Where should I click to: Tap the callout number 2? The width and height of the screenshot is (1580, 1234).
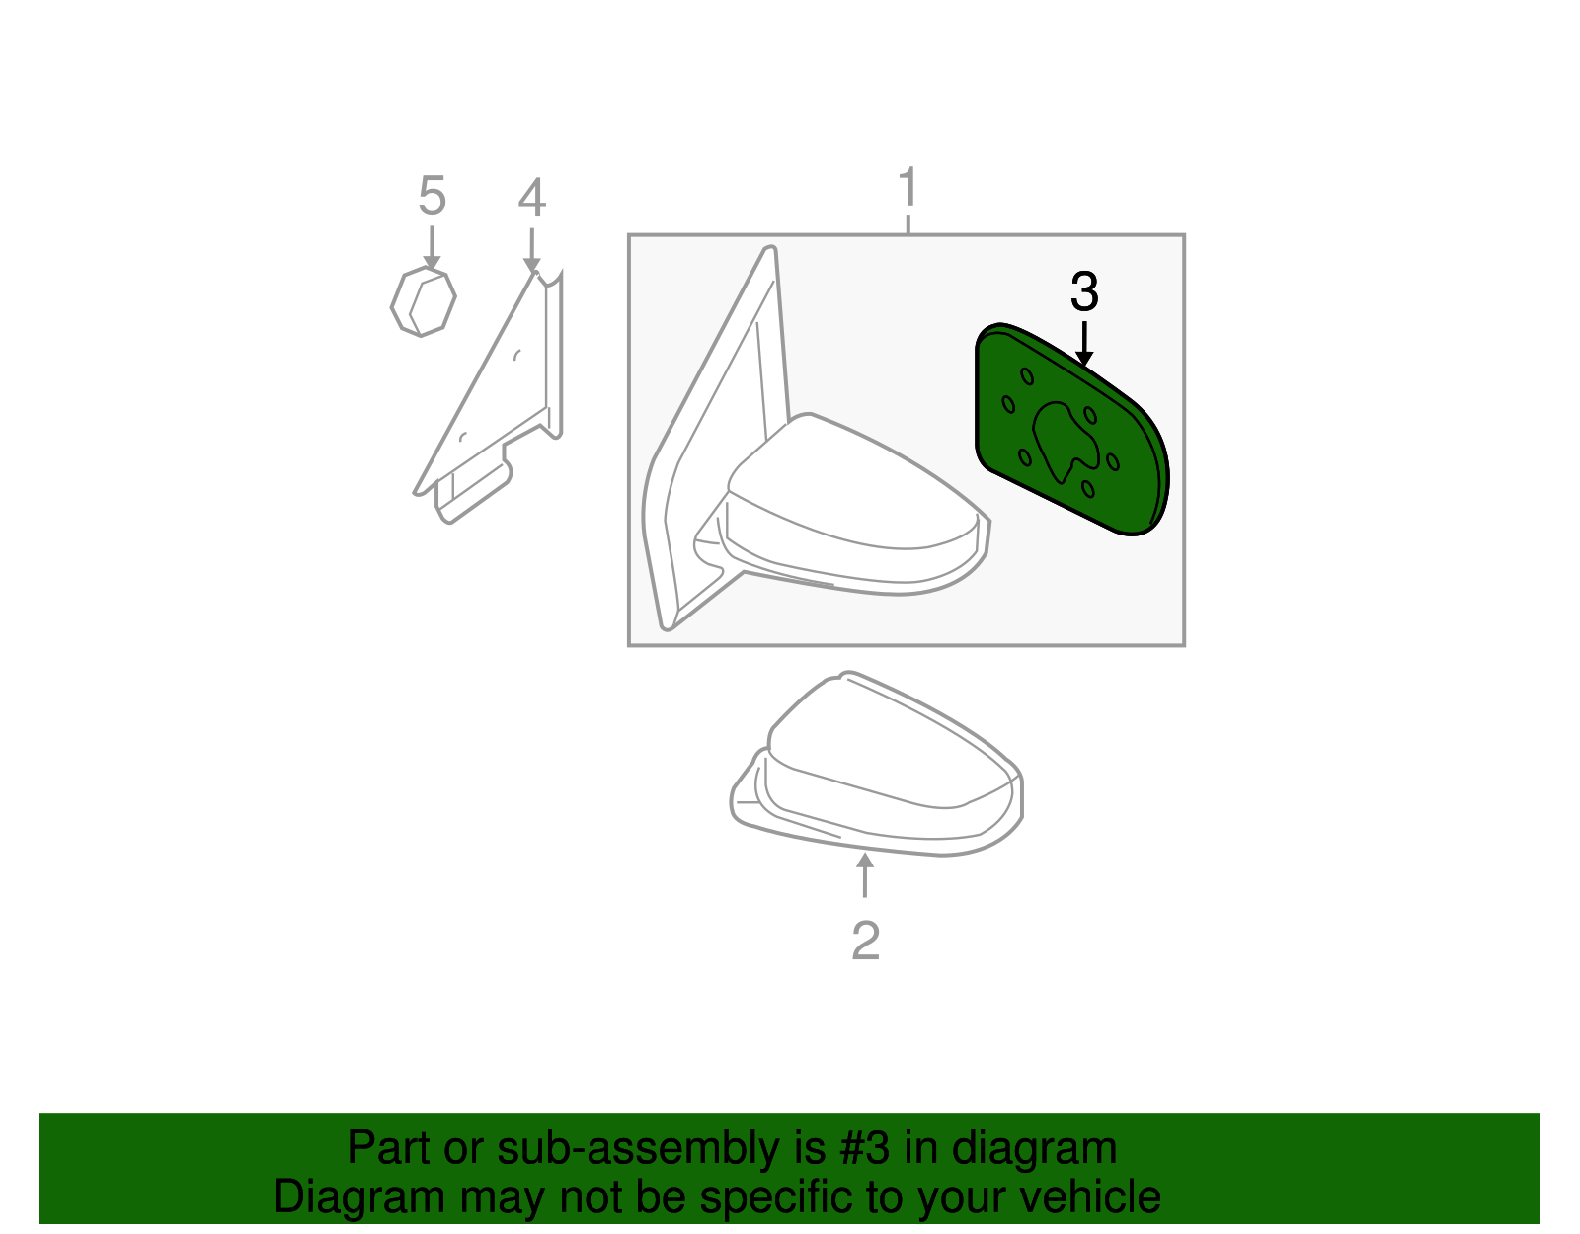pos(865,941)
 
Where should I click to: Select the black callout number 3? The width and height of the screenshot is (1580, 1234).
pos(1084,292)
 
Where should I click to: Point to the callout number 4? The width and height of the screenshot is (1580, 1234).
pos(531,199)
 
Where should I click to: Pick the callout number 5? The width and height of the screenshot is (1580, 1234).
pos(432,197)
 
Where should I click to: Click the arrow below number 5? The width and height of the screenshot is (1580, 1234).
pos(432,247)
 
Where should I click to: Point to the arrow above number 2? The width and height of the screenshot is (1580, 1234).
pos(865,874)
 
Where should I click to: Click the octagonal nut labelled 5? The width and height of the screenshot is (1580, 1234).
pos(423,302)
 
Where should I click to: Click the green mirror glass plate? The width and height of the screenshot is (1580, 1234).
pos(1126,474)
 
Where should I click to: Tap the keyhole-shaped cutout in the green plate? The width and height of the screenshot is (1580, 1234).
pos(1063,441)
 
